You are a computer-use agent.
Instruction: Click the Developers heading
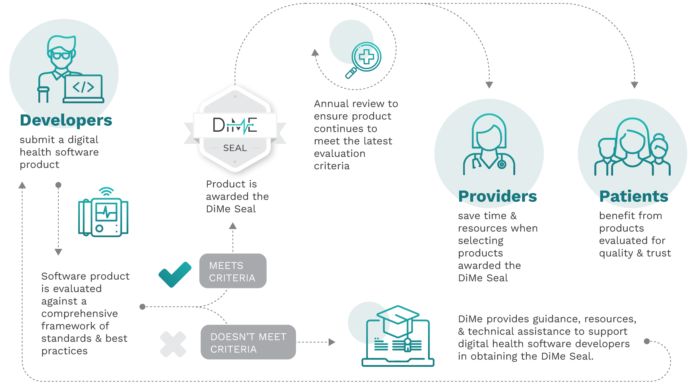66,120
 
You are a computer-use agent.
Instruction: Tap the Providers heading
498,196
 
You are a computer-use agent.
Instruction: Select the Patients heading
634,196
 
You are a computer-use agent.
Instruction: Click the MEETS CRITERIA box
233,271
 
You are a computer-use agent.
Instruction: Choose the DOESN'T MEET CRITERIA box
248,343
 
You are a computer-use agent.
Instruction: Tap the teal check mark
175,274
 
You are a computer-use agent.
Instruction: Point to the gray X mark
173,344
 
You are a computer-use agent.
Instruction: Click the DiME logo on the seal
235,125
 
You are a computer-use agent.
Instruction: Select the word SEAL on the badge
235,148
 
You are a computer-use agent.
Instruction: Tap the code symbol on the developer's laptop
83,87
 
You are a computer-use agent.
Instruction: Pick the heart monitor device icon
103,217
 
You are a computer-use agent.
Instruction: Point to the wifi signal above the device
106,191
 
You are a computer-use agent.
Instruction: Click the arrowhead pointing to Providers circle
489,85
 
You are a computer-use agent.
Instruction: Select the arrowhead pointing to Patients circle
635,85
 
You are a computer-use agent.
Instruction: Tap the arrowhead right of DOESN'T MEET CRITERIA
332,342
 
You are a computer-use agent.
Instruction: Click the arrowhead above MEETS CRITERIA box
233,226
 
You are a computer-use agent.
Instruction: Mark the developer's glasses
61,55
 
